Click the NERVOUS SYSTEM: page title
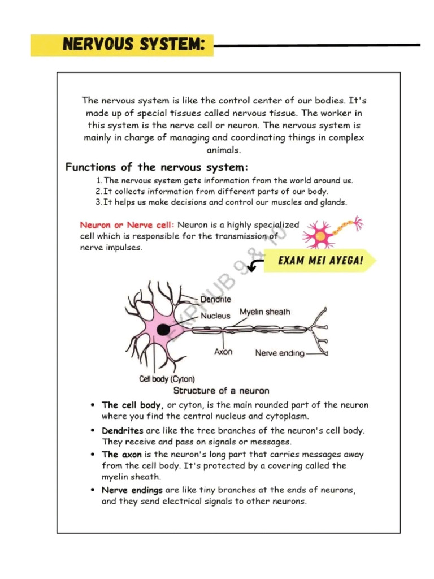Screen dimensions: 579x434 tap(133, 45)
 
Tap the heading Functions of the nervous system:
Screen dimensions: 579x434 tap(157, 167)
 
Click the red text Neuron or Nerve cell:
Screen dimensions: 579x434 tap(127, 225)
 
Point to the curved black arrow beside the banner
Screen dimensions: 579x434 tap(255, 264)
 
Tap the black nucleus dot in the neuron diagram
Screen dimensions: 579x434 tap(164, 330)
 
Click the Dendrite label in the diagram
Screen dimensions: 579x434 tap(215, 299)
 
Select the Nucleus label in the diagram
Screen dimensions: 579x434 tap(215, 316)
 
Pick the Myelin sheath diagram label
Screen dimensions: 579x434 tap(264, 312)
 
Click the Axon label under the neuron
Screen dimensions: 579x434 tap(223, 352)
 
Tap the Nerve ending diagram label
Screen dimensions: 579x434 tap(280, 353)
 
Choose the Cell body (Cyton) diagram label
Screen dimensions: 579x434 tap(167, 379)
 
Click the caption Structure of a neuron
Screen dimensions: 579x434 tap(221, 391)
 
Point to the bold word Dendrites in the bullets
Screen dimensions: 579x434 tap(123, 431)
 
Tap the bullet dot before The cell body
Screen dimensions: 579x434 tap(93, 405)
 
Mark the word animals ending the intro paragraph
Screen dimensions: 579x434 tap(223, 150)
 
